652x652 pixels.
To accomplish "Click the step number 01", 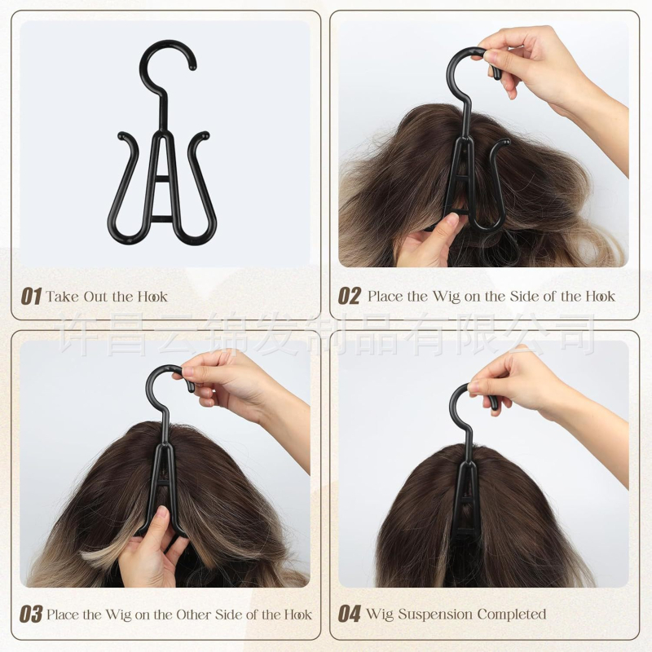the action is [x=31, y=297].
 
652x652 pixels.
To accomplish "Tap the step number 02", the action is [x=350, y=296].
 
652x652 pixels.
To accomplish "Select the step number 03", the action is [x=31, y=615].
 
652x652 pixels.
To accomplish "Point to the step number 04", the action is [x=350, y=614].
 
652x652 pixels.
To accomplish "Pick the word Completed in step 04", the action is [x=512, y=615].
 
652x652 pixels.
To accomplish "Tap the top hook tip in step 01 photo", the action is [x=192, y=66].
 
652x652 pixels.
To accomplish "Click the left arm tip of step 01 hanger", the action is [x=121, y=135].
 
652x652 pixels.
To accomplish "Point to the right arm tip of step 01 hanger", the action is [x=205, y=135].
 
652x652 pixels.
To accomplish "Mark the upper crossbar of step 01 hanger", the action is [x=161, y=179].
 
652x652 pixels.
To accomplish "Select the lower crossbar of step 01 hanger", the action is [x=161, y=219].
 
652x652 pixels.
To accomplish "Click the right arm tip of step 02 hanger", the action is [x=506, y=142].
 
